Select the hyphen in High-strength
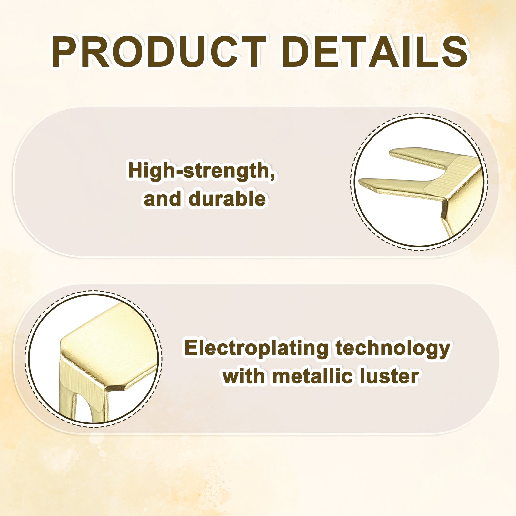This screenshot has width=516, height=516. click(179, 172)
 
